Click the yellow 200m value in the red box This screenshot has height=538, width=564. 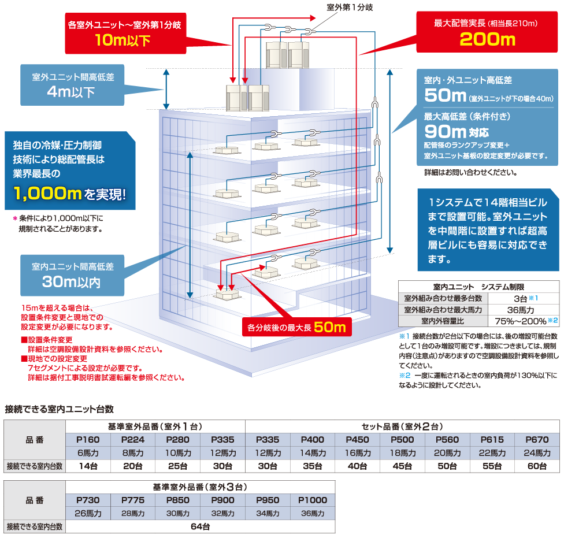click(487, 39)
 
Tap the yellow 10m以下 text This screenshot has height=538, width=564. click(123, 40)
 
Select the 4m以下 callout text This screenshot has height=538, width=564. click(71, 92)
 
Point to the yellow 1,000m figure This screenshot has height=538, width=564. click(47, 193)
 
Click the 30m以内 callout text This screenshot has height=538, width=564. click(71, 282)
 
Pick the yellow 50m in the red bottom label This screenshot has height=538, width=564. click(330, 327)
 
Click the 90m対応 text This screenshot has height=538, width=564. click(457, 132)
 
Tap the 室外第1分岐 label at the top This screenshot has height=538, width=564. click(350, 7)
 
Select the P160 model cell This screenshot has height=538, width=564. click(88, 439)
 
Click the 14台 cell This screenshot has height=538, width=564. click(88, 466)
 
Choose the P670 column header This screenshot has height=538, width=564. click(537, 439)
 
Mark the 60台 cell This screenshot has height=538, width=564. click(537, 466)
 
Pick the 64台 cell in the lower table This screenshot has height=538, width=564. click(201, 526)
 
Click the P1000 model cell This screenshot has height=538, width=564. click(313, 500)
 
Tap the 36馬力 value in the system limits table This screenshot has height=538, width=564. click(521, 310)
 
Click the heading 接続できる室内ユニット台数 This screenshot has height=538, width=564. click(60, 409)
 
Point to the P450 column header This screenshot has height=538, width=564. click(358, 439)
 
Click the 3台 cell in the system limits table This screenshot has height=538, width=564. click(521, 298)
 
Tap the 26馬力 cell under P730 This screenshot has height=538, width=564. click(88, 513)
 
